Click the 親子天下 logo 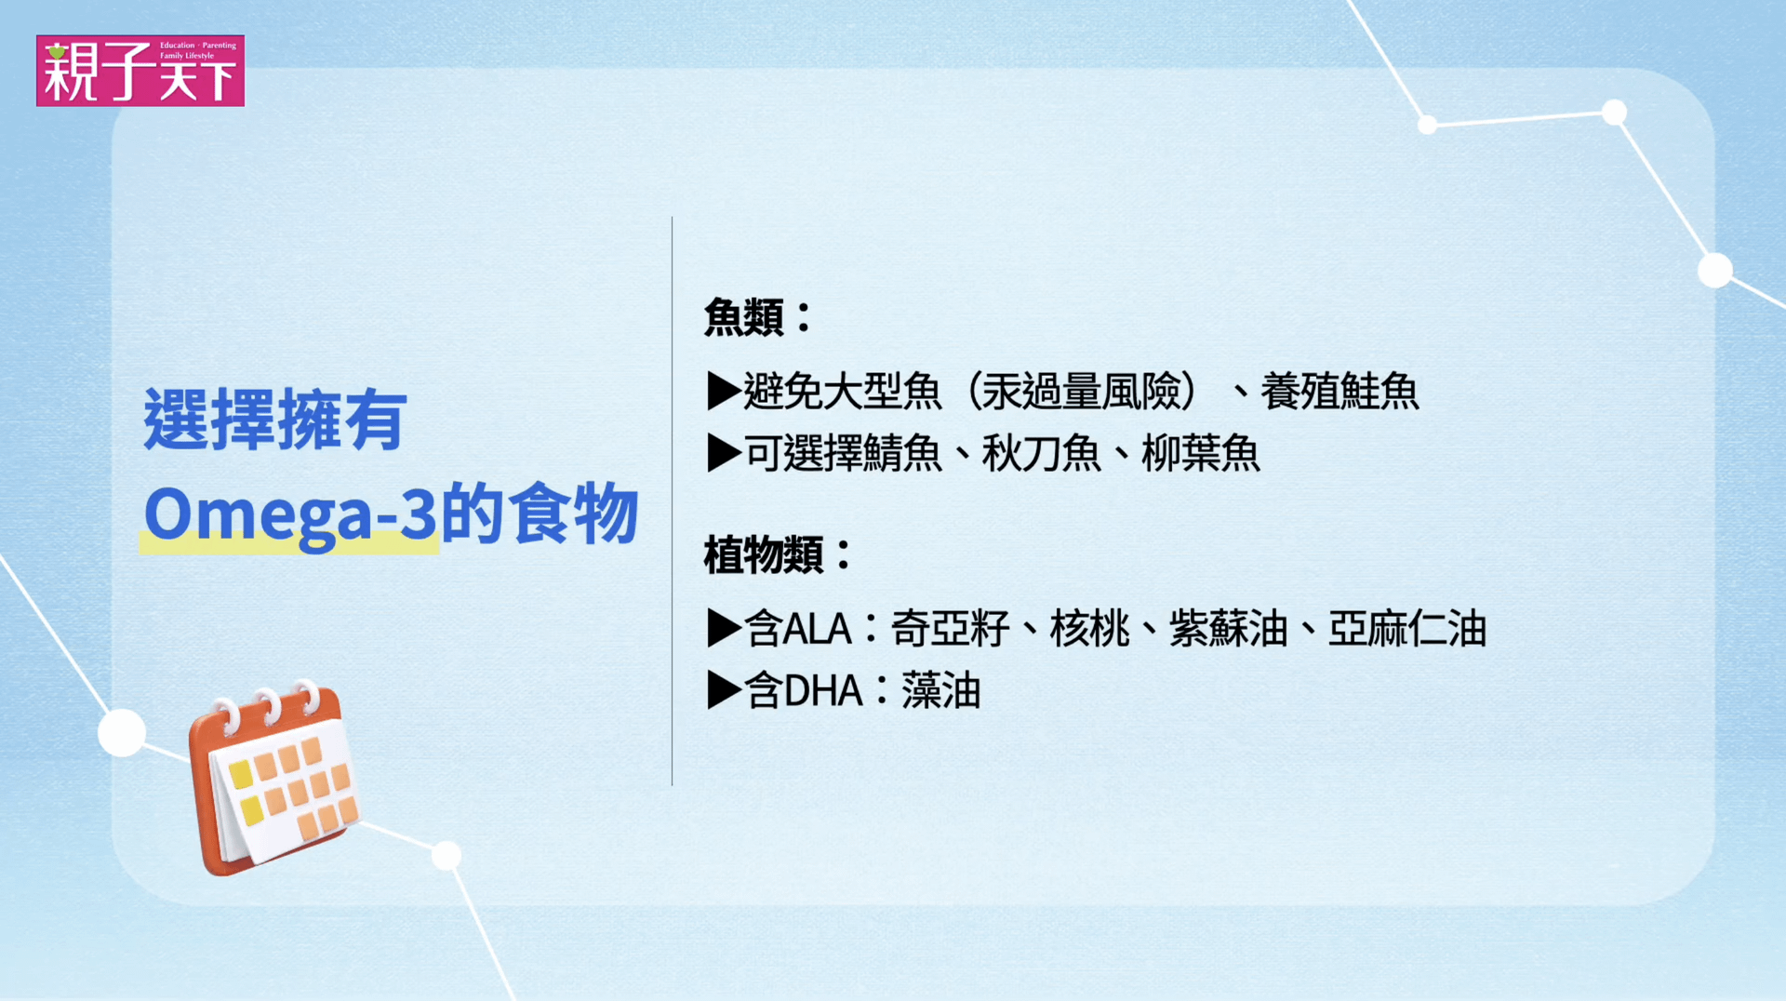(140, 71)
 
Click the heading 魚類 (744, 316)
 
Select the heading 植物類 (764, 554)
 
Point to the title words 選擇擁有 (275, 420)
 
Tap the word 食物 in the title (576, 514)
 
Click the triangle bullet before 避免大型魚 (724, 391)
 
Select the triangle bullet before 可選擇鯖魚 (724, 453)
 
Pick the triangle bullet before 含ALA (724, 628)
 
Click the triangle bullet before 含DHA (724, 690)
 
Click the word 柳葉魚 (1201, 453)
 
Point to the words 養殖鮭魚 (1339, 391)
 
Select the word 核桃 (1090, 628)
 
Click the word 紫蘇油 (1229, 628)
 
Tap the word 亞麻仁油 (1407, 628)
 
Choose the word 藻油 (941, 690)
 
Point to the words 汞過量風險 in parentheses (1082, 391)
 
